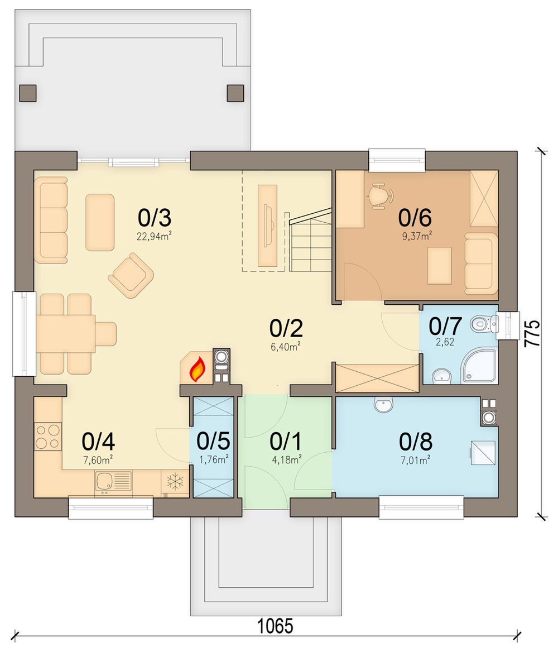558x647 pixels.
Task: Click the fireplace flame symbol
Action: (x=198, y=369)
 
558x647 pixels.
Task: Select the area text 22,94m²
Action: (x=154, y=236)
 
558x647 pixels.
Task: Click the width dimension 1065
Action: (x=275, y=626)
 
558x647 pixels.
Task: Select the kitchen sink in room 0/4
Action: (x=113, y=481)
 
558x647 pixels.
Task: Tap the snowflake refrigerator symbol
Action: (x=175, y=482)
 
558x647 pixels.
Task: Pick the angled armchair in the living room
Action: (x=131, y=275)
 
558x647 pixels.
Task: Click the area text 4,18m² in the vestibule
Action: (x=287, y=459)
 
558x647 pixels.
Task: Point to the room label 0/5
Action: (x=213, y=440)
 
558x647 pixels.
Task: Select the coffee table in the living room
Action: (x=100, y=222)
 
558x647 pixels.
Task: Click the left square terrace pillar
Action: (x=28, y=93)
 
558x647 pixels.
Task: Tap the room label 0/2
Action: (x=286, y=328)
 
